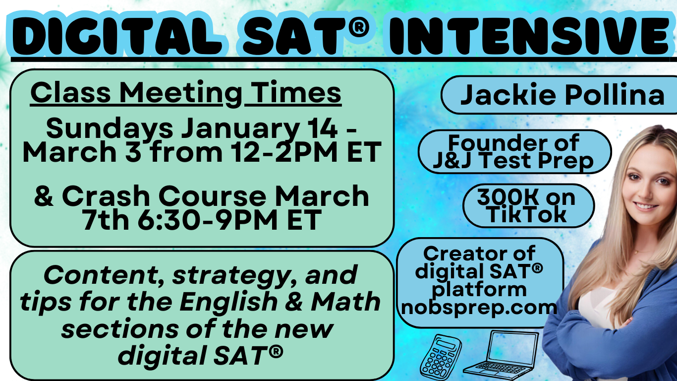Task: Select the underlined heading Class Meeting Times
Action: [x=186, y=93]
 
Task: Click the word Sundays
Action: [x=109, y=129]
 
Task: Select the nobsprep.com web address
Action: [x=479, y=307]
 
